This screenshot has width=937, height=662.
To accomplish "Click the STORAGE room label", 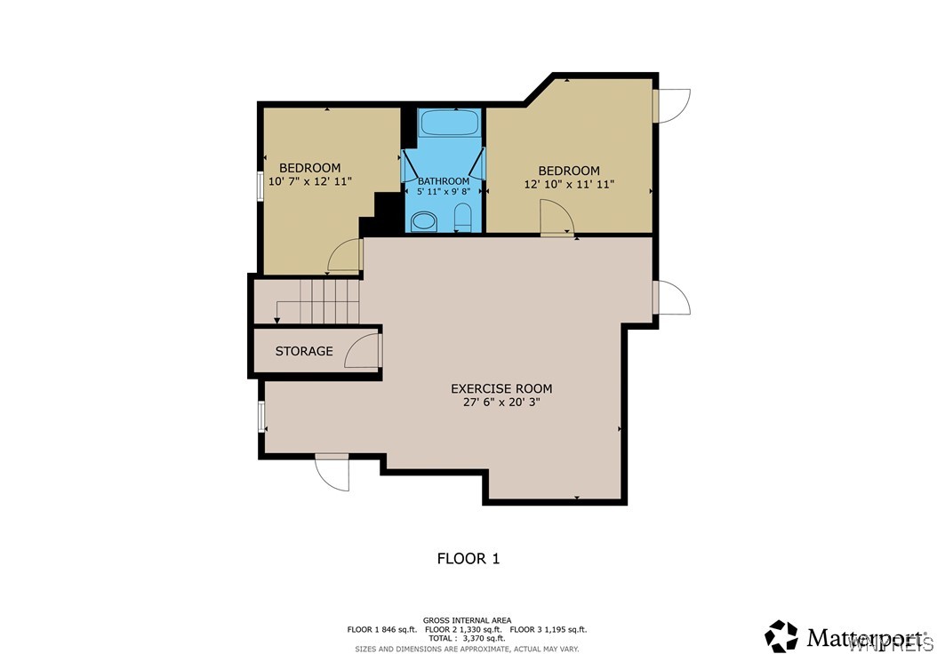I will [x=304, y=351].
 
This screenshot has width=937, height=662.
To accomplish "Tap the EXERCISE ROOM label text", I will [x=501, y=388].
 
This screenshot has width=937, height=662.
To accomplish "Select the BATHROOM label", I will [x=444, y=181].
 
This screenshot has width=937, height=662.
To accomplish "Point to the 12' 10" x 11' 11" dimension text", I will [x=569, y=184].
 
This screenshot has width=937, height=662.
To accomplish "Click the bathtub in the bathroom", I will [x=449, y=123].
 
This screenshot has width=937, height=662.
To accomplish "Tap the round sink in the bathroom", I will [x=425, y=220].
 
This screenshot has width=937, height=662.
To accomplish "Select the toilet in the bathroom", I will [x=462, y=218].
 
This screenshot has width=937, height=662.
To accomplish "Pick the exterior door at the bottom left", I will [x=334, y=472].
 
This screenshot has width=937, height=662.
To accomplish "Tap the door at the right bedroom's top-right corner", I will [x=672, y=106].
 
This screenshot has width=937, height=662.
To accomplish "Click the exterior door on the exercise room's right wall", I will [x=672, y=298].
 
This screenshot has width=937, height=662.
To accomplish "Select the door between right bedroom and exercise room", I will [x=557, y=218].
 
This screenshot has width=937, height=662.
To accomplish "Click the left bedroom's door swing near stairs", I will [x=345, y=257].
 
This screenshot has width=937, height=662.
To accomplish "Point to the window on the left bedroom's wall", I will [x=260, y=187].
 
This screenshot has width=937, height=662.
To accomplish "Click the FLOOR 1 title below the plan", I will [x=468, y=558].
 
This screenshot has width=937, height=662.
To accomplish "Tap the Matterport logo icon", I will [x=782, y=636].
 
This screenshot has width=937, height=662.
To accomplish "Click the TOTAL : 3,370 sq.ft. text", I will [x=467, y=638].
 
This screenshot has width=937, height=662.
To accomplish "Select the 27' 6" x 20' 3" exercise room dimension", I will [x=501, y=403].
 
